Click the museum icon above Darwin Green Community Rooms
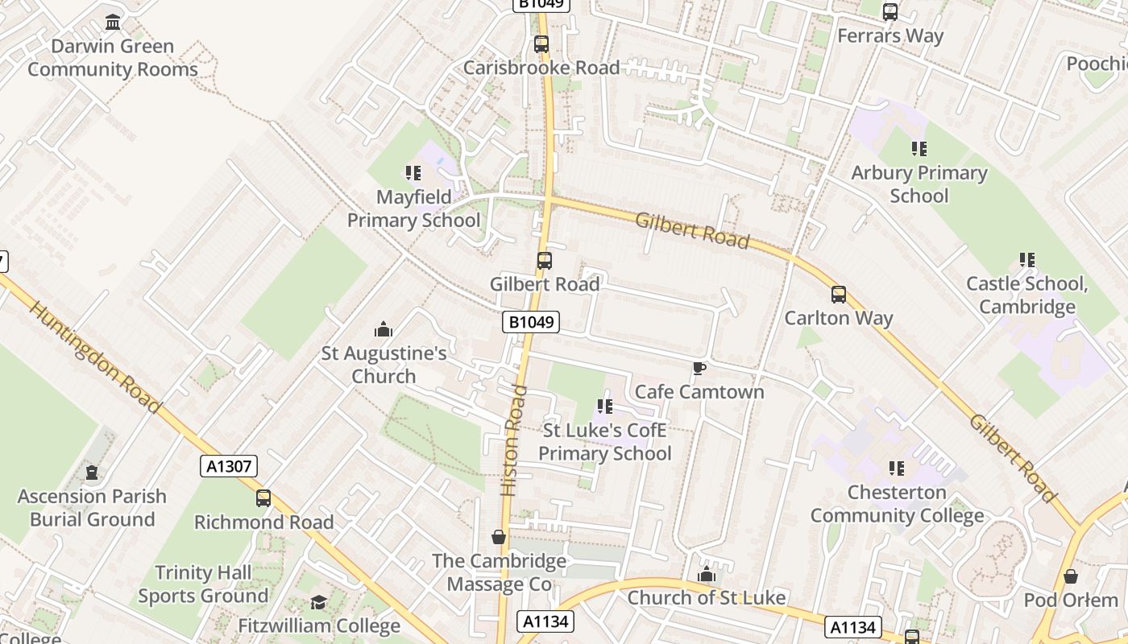click(113, 22)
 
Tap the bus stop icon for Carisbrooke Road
click(541, 44)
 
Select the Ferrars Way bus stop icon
click(890, 12)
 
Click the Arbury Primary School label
click(919, 184)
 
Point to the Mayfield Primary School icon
click(413, 173)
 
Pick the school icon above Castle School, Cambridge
click(1026, 260)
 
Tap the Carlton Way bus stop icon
click(839, 295)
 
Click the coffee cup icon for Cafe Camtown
click(699, 369)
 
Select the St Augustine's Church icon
click(384, 329)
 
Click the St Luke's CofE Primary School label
click(604, 442)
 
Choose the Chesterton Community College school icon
click(897, 469)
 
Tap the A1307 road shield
click(229, 466)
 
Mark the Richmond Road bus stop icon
click(263, 498)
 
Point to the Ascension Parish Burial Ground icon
click(92, 473)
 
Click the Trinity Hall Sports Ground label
click(203, 584)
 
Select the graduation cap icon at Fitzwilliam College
click(319, 603)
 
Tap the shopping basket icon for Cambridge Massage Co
click(499, 537)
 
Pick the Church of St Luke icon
click(707, 574)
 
